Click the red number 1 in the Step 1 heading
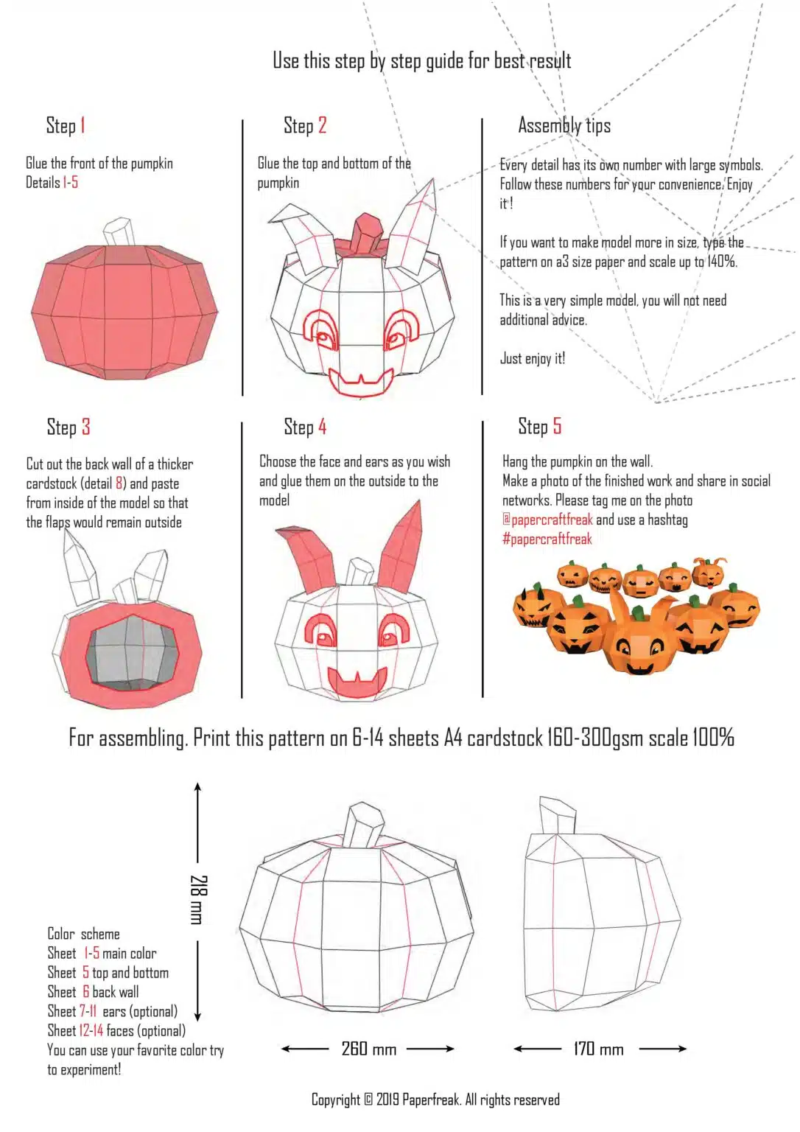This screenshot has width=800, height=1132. click(x=83, y=125)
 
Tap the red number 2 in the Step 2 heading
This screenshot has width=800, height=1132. click(x=322, y=125)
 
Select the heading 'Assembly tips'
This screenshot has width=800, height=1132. click(x=564, y=125)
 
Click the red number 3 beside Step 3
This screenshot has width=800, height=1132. click(x=86, y=427)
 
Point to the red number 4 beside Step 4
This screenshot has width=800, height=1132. click(x=322, y=427)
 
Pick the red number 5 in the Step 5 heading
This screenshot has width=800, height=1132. click(x=557, y=426)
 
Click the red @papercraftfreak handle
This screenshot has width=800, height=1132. click(x=547, y=520)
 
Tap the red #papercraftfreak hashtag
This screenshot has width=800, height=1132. click(x=547, y=539)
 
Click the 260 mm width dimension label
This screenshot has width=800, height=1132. click(x=368, y=1048)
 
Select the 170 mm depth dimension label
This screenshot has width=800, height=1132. click(x=598, y=1048)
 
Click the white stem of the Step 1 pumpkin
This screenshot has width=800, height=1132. click(x=118, y=232)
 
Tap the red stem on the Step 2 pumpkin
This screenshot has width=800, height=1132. click(x=366, y=232)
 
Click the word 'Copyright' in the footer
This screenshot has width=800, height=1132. click(x=336, y=1100)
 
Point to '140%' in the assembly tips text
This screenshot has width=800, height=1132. click(x=721, y=262)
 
